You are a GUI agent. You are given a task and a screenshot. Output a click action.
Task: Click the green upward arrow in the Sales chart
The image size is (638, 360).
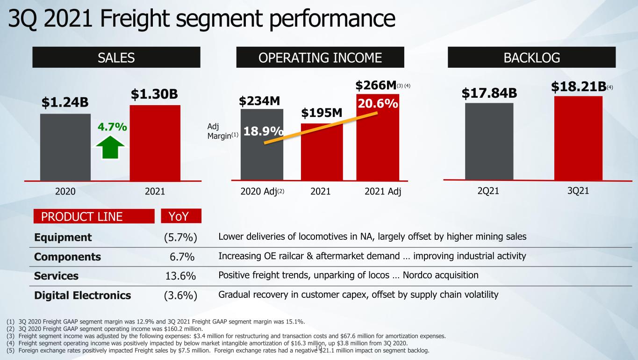coord(110,147)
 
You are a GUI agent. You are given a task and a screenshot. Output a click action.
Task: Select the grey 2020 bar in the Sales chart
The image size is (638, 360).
coord(65,147)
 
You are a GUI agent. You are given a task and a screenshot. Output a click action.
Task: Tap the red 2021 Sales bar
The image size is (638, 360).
coord(155,143)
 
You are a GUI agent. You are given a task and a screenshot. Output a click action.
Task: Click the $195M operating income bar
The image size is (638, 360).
coord(322,152)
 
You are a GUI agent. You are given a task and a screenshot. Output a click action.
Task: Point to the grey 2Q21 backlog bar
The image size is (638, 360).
coord(489,142)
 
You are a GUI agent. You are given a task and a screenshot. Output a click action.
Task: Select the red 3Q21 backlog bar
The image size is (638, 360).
coord(578,138)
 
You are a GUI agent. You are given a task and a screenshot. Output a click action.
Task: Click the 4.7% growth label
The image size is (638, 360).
coord(112,127)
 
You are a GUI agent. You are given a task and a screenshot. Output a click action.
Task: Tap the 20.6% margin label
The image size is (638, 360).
coord(378,103)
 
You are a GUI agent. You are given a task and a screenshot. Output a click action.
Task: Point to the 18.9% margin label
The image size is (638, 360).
coord(263,131)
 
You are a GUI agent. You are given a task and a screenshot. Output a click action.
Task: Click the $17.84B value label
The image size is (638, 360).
coord(489,93)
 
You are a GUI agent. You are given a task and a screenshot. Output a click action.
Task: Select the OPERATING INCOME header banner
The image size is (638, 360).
coord(320,57)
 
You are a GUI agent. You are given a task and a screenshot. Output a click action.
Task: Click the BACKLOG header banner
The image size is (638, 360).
coord(531,57)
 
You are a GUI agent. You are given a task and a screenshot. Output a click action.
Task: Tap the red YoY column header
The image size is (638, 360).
coord(181,216)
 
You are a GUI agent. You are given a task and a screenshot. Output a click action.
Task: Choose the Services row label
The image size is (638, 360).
coord(56,276)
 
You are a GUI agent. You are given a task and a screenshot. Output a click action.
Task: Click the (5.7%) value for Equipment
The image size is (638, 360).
coord(180,237)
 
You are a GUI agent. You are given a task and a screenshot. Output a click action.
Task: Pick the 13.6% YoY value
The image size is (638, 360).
coord(180,276)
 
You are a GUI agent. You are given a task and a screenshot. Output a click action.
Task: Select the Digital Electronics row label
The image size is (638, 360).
coord(83,295)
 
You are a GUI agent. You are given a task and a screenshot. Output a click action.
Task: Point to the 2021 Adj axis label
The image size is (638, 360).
coord(383,191)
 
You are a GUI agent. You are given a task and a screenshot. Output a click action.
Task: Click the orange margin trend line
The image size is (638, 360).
coord(321,128)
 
